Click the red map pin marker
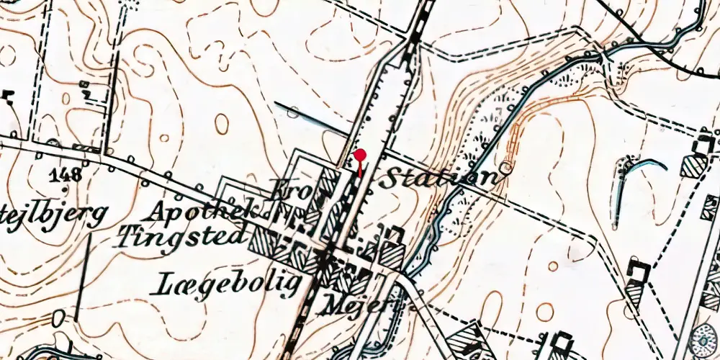360,156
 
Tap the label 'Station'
437,178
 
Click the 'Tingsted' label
184,235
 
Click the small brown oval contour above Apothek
222,124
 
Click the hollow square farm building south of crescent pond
639,271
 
